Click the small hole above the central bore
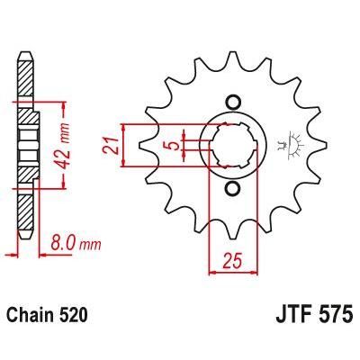pyautogui.click(x=232, y=99)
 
